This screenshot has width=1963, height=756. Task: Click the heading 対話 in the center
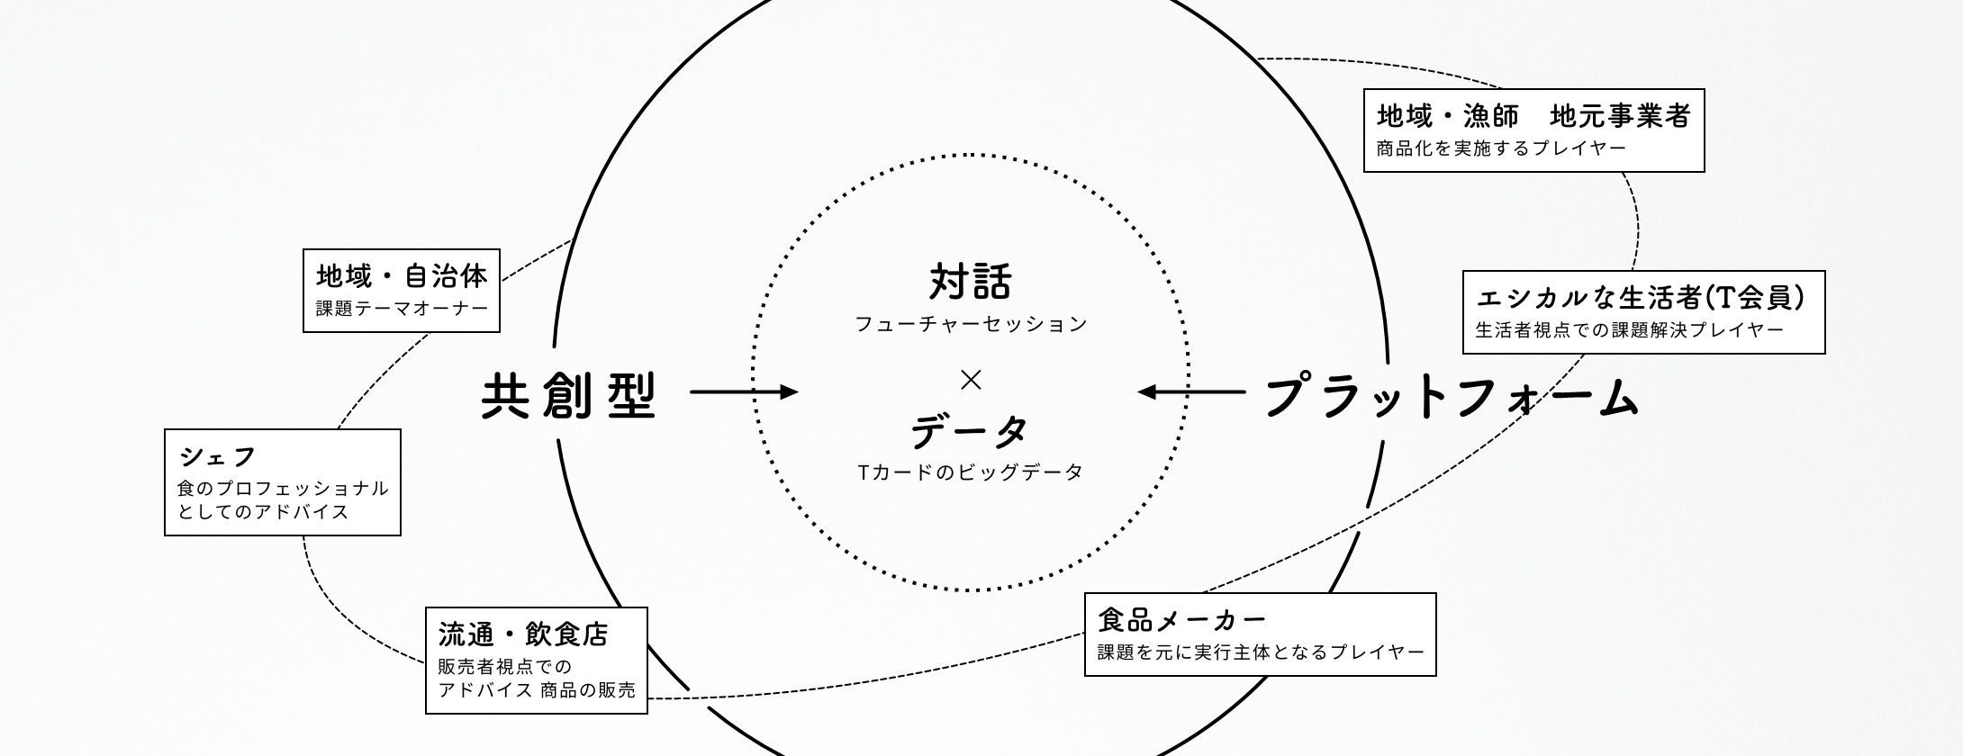pyautogui.click(x=971, y=282)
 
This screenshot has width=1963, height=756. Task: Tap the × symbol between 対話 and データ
pyautogui.click(x=971, y=381)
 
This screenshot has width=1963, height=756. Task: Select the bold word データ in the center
pyautogui.click(x=970, y=431)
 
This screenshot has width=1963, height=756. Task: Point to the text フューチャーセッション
pyautogui.click(x=971, y=324)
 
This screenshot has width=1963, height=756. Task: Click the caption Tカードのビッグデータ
pyautogui.click(x=971, y=472)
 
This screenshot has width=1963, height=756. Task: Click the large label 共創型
pyautogui.click(x=570, y=395)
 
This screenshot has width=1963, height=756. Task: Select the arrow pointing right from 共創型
pyautogui.click(x=744, y=391)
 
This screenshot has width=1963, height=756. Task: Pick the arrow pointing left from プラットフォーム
pyautogui.click(x=1191, y=391)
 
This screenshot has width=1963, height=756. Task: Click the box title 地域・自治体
pyautogui.click(x=402, y=275)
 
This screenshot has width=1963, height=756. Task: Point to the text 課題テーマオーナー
pyautogui.click(x=402, y=309)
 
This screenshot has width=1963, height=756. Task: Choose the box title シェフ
pyautogui.click(x=218, y=457)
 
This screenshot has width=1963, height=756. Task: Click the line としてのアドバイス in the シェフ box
pyautogui.click(x=263, y=512)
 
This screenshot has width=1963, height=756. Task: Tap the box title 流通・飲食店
pyautogui.click(x=524, y=634)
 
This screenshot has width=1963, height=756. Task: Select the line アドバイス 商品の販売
pyautogui.click(x=537, y=690)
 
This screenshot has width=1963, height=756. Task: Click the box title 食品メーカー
pyautogui.click(x=1182, y=620)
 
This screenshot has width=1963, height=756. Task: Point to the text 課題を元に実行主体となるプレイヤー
pyautogui.click(x=1261, y=652)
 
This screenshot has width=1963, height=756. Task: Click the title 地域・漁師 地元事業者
pyautogui.click(x=1533, y=116)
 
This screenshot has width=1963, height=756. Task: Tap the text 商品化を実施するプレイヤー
pyautogui.click(x=1501, y=148)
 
